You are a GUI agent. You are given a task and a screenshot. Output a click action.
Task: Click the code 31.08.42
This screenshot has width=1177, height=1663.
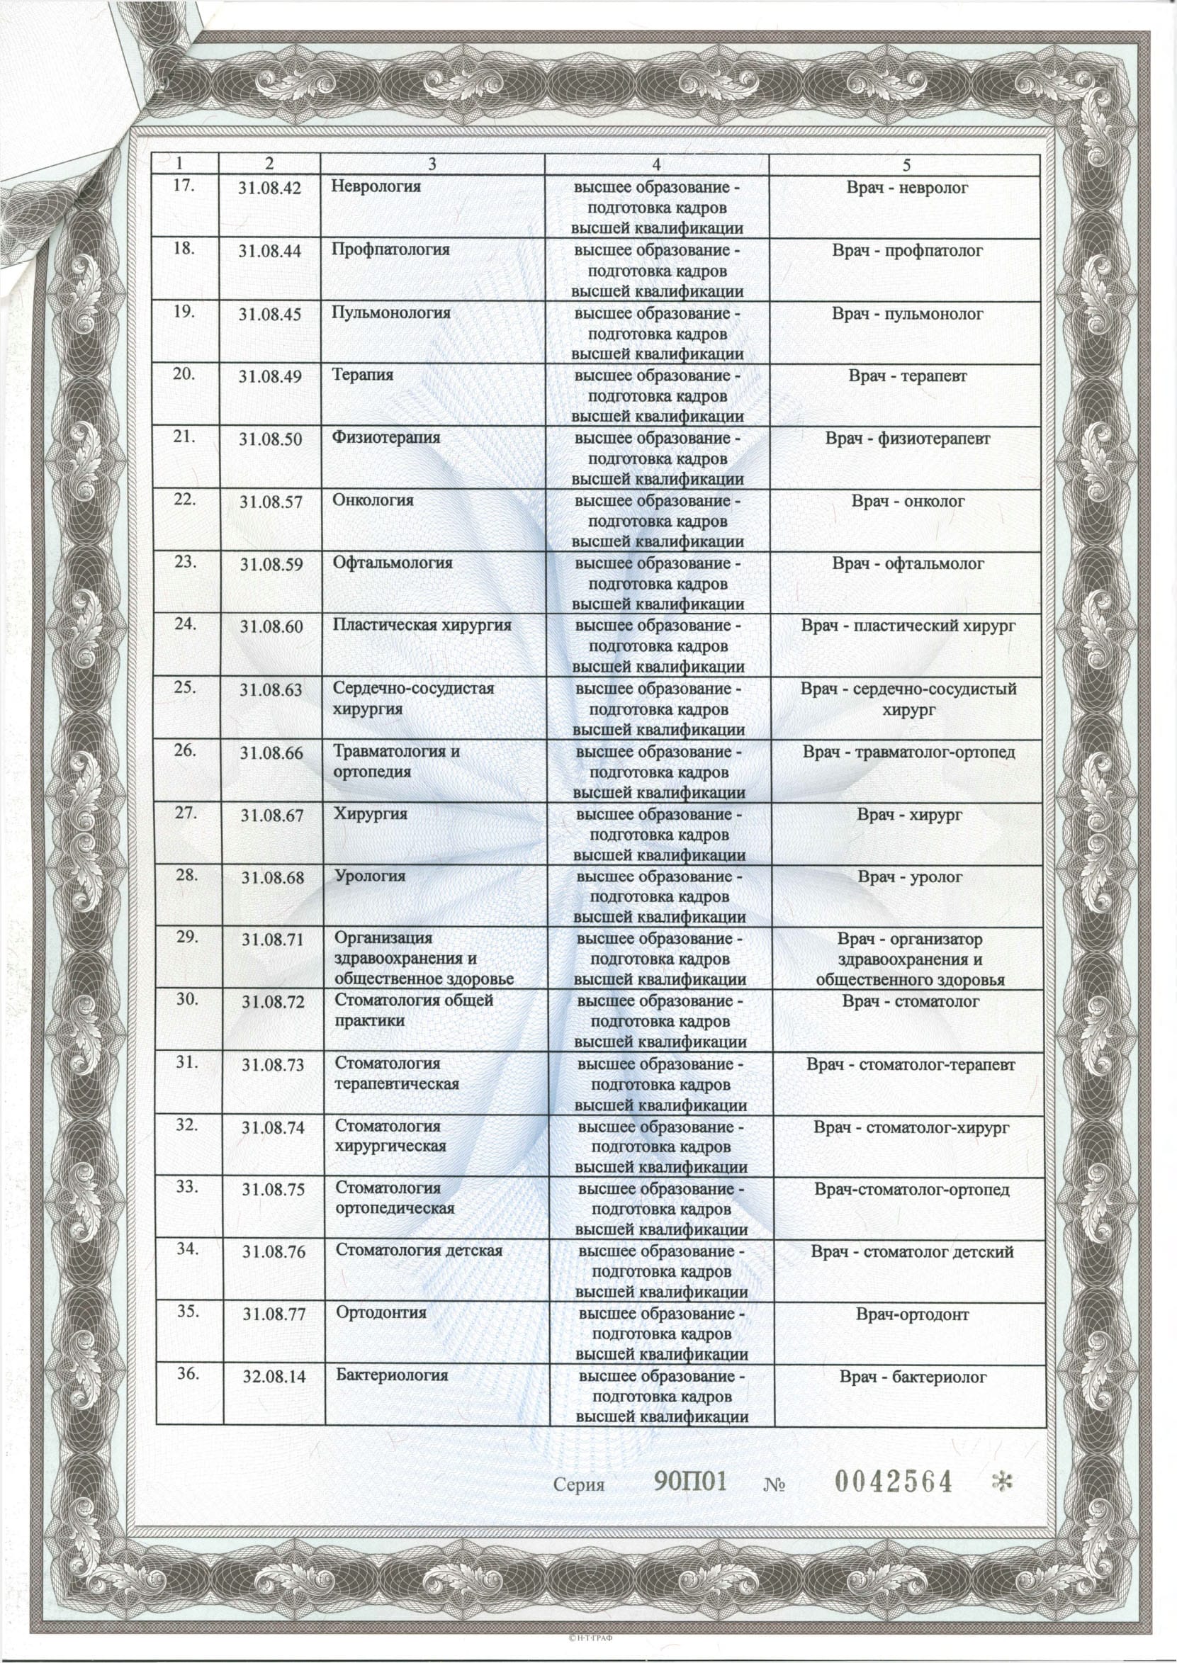(269, 189)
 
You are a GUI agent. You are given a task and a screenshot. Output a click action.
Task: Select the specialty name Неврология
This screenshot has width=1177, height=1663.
(376, 186)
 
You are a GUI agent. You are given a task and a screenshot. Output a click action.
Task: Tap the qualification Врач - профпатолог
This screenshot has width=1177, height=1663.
(908, 252)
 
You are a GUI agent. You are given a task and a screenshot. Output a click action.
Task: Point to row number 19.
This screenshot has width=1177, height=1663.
(185, 312)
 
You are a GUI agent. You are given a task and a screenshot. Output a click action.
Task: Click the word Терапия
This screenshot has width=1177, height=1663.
(362, 375)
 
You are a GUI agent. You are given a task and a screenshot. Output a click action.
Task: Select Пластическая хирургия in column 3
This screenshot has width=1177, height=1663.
(422, 625)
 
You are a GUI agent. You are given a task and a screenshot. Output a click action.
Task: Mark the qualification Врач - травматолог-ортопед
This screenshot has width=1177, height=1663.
(909, 752)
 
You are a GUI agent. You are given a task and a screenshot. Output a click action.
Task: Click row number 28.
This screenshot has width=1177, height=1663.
(187, 874)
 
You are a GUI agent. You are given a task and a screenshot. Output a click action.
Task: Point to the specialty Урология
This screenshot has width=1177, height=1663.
(369, 875)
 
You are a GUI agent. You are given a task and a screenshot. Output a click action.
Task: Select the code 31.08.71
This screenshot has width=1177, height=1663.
(272, 940)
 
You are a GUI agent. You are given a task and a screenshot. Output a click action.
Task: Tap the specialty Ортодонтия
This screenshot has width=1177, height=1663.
(381, 1312)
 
